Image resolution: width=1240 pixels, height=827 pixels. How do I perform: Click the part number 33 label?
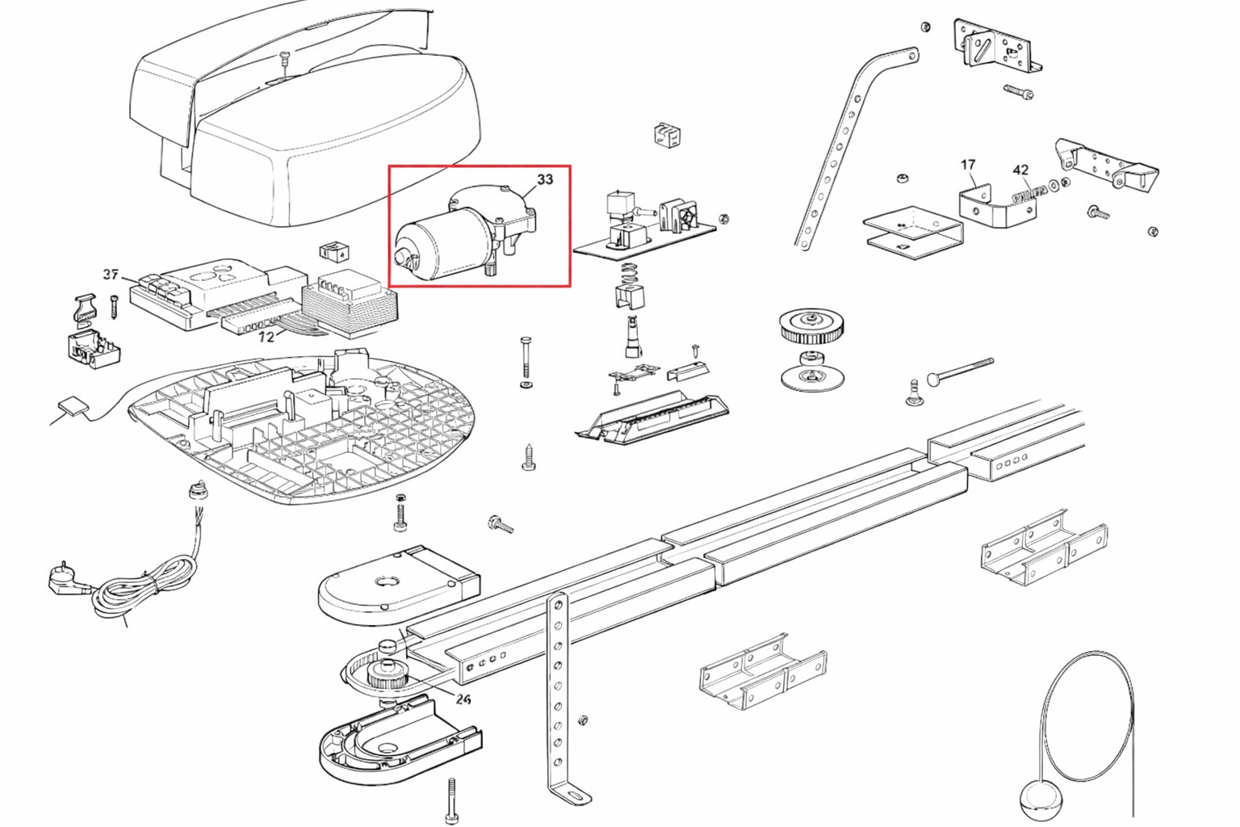(x=545, y=179)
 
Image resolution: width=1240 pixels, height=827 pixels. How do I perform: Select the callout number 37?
(x=111, y=275)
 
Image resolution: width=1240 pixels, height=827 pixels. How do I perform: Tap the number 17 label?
(x=968, y=165)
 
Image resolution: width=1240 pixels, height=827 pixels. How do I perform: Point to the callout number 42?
(x=1020, y=170)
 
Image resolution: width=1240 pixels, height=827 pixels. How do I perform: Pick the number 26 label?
(x=463, y=699)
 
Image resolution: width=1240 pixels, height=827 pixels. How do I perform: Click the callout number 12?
(x=266, y=337)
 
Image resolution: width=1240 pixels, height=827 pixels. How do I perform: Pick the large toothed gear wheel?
(x=811, y=324)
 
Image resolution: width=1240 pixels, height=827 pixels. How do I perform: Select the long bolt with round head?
(x=961, y=371)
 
